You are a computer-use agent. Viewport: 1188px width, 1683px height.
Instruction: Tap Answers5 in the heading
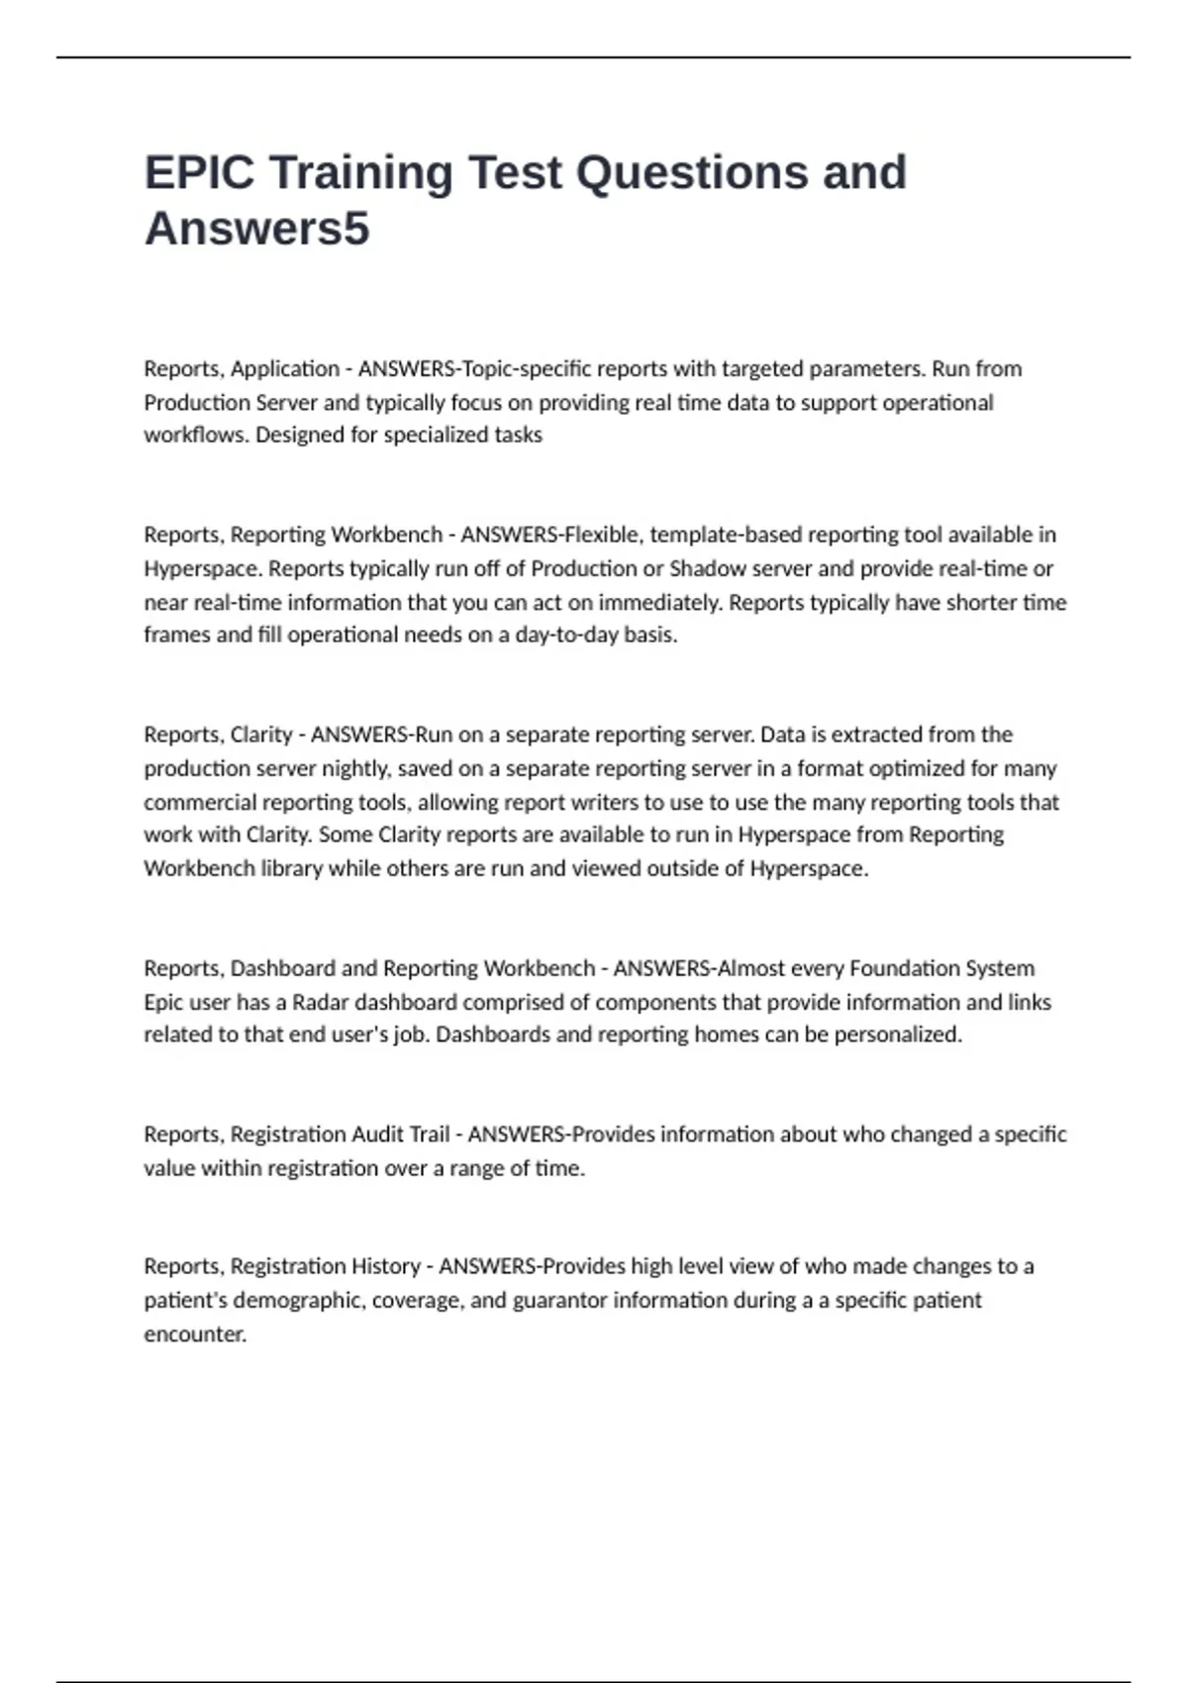point(257,229)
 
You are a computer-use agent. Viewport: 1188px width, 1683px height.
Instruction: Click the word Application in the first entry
point(285,369)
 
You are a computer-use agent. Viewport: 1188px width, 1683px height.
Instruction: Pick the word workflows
point(194,435)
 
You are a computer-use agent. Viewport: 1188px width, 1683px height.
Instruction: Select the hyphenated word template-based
point(726,535)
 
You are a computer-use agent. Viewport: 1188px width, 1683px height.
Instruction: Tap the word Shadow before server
point(708,568)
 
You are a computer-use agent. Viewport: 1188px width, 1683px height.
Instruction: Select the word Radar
point(320,1002)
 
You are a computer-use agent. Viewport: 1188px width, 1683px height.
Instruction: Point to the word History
point(384,1266)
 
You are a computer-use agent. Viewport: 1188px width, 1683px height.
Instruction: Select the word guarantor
point(559,1300)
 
